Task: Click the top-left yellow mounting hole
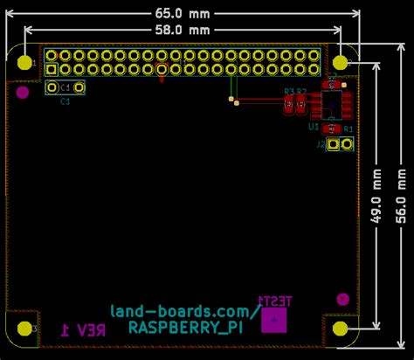25,63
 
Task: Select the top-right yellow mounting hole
342,63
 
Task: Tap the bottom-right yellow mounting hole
342,329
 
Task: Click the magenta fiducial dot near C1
23,90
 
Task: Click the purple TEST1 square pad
275,320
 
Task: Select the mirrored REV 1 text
83,329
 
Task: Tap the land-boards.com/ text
183,311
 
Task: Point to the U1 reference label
314,128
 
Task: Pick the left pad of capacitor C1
53,87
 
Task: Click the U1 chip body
332,105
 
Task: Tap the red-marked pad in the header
160,68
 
